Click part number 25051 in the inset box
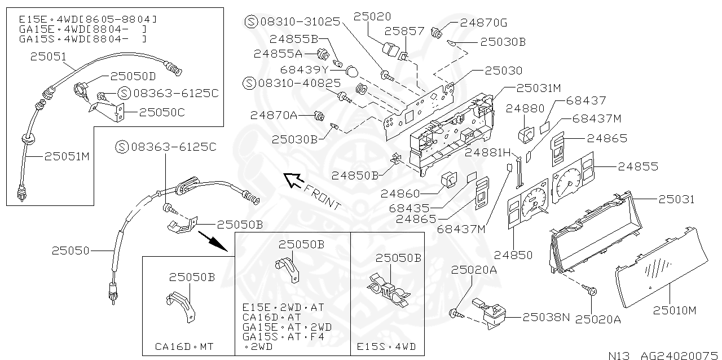click(x=48, y=56)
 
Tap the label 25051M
click(x=67, y=156)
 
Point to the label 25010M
click(x=675, y=310)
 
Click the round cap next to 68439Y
click(x=351, y=72)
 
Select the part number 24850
click(x=513, y=255)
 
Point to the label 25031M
click(x=538, y=88)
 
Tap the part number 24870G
click(x=483, y=23)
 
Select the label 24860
click(x=400, y=193)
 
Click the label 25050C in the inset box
click(x=162, y=112)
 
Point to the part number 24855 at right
click(x=638, y=166)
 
